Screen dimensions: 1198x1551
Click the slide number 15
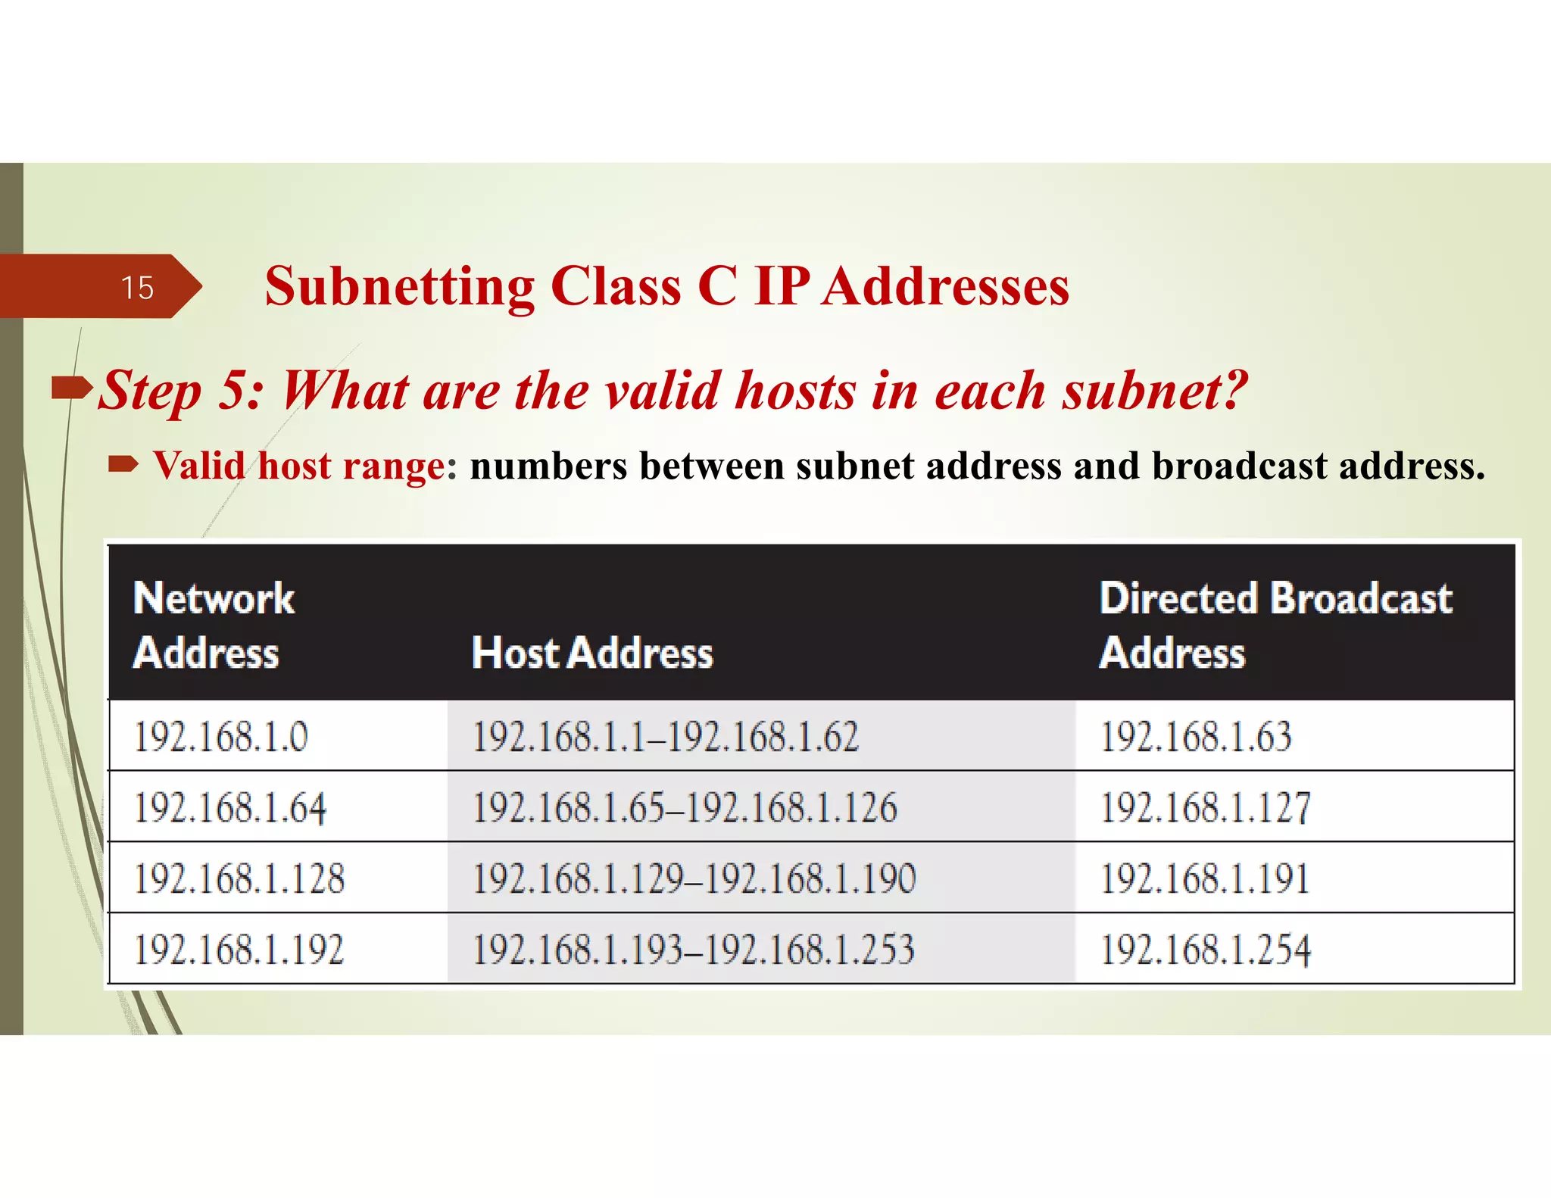pyautogui.click(x=137, y=288)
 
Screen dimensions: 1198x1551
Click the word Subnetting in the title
pyautogui.click(x=400, y=288)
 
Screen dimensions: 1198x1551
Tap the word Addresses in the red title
pyautogui.click(x=946, y=288)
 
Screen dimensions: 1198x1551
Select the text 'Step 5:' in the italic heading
pyautogui.click(x=181, y=392)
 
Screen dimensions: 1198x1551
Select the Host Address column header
pyautogui.click(x=592, y=653)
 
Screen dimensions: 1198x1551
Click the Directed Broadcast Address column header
pyautogui.click(x=1275, y=625)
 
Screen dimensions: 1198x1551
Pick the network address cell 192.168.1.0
pyautogui.click(x=221, y=736)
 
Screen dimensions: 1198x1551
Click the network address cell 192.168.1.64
pyautogui.click(x=230, y=807)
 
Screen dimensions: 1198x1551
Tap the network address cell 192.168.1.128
pyautogui.click(x=239, y=878)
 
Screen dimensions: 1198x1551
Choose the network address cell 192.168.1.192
pyautogui.click(x=239, y=950)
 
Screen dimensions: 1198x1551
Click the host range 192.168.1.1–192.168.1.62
pyautogui.click(x=666, y=736)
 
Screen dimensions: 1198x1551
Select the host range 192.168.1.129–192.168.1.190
pyautogui.click(x=694, y=878)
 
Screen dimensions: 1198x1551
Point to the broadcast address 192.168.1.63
pyautogui.click(x=1196, y=736)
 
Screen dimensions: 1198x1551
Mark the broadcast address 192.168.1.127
pyautogui.click(x=1205, y=807)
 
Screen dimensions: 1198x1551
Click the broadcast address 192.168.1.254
pyautogui.click(x=1205, y=950)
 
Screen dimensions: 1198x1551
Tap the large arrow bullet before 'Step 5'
pyautogui.click(x=71, y=388)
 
